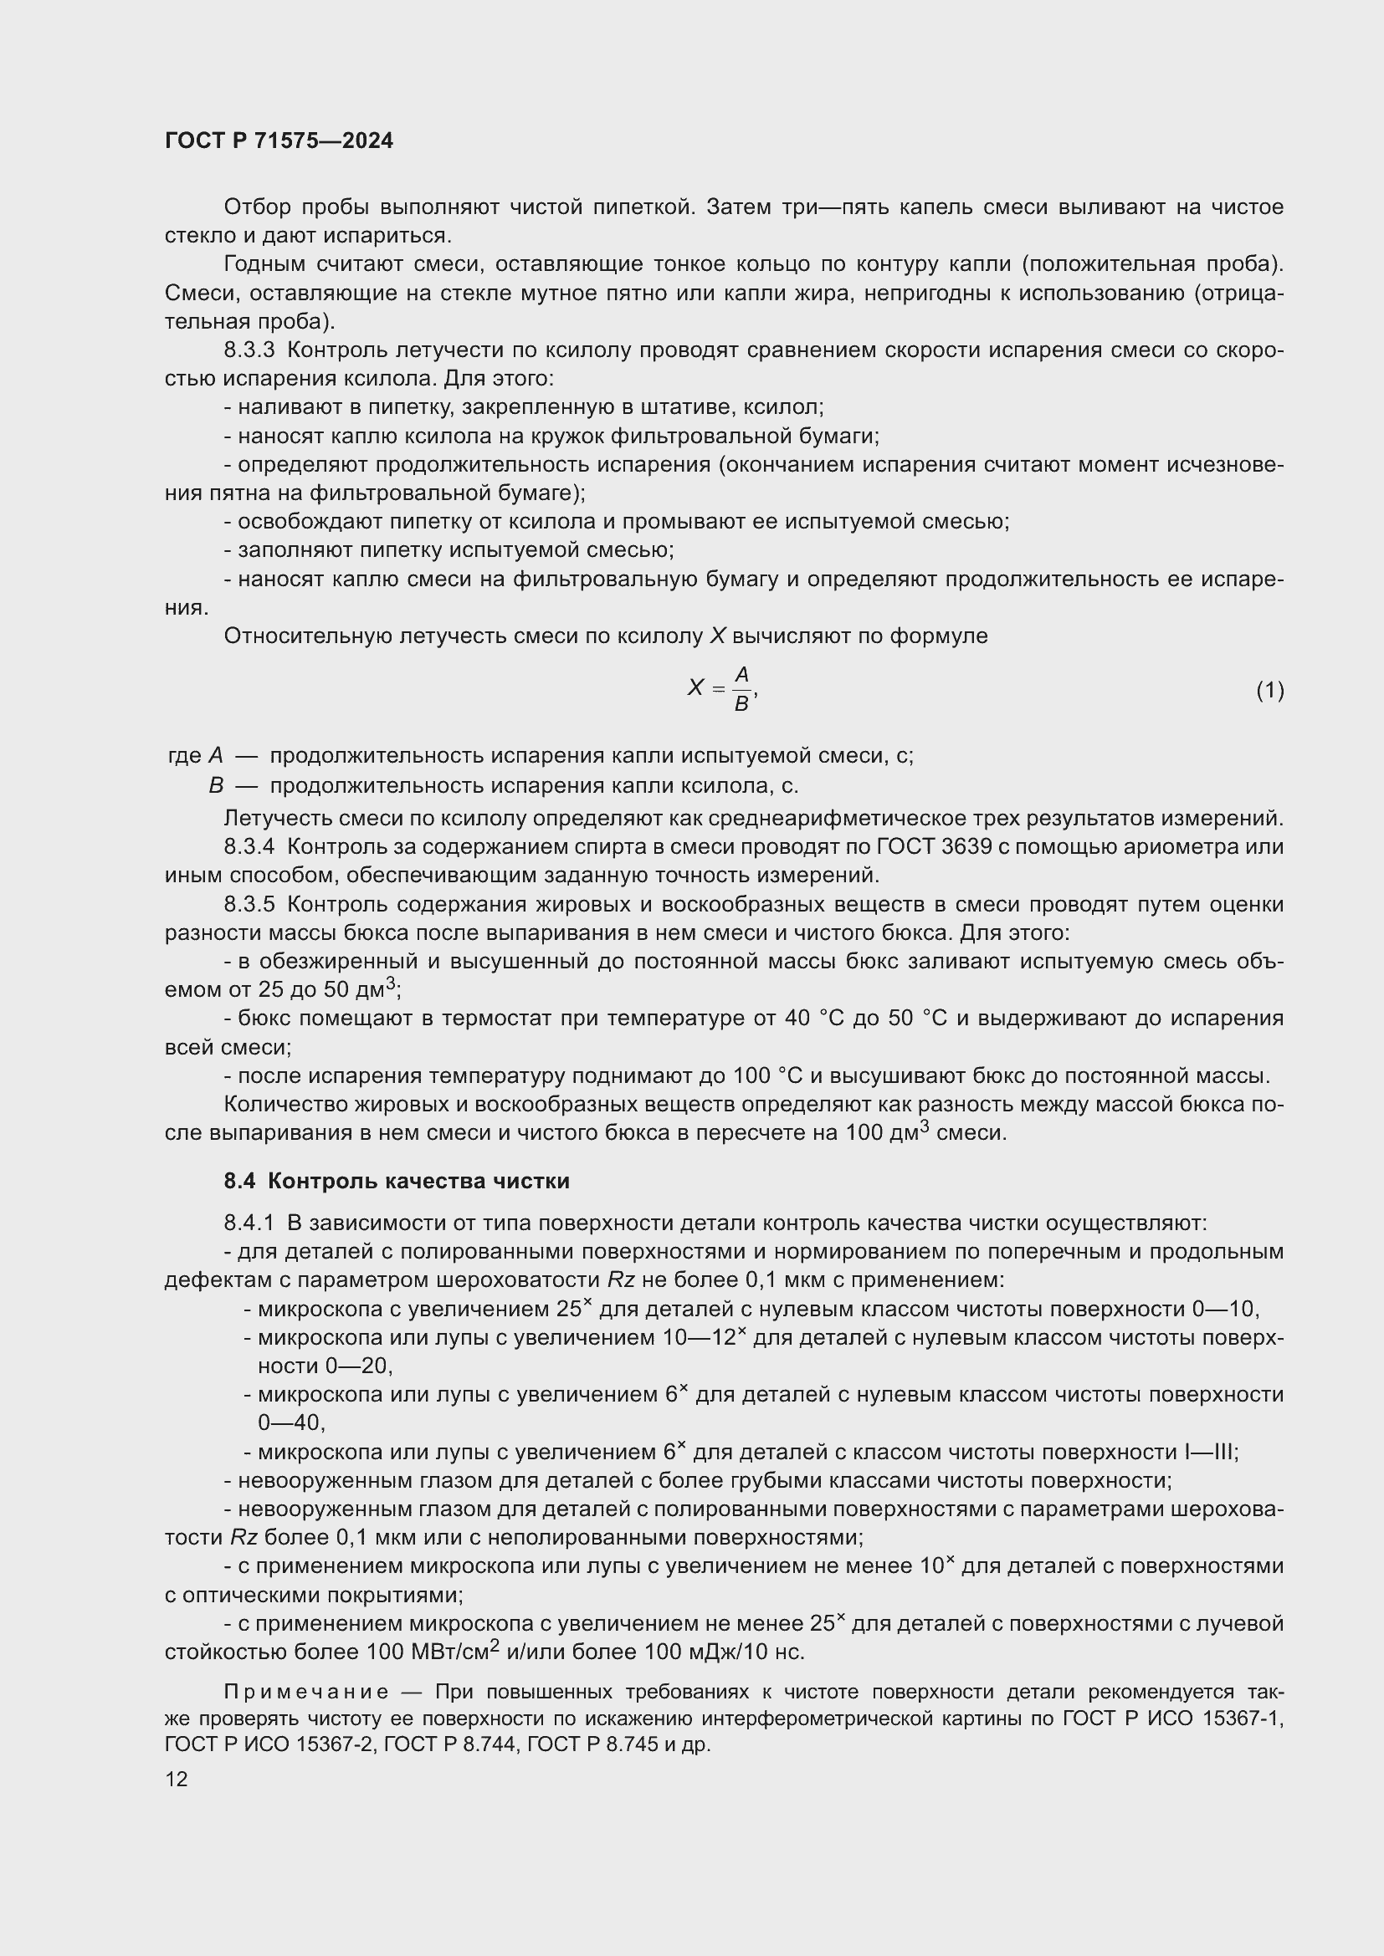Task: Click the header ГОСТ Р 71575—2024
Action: tap(279, 140)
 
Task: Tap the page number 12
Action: tap(177, 1779)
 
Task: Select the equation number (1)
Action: tap(1269, 690)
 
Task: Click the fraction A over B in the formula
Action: tap(741, 689)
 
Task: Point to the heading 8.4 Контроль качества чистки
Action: tap(397, 1181)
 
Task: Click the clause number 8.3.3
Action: tap(249, 350)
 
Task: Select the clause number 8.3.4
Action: tap(249, 847)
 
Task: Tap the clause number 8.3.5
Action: tap(249, 904)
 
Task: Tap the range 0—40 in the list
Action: tap(290, 1422)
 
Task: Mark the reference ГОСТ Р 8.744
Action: tap(450, 1744)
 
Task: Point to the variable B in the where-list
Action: tap(216, 784)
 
